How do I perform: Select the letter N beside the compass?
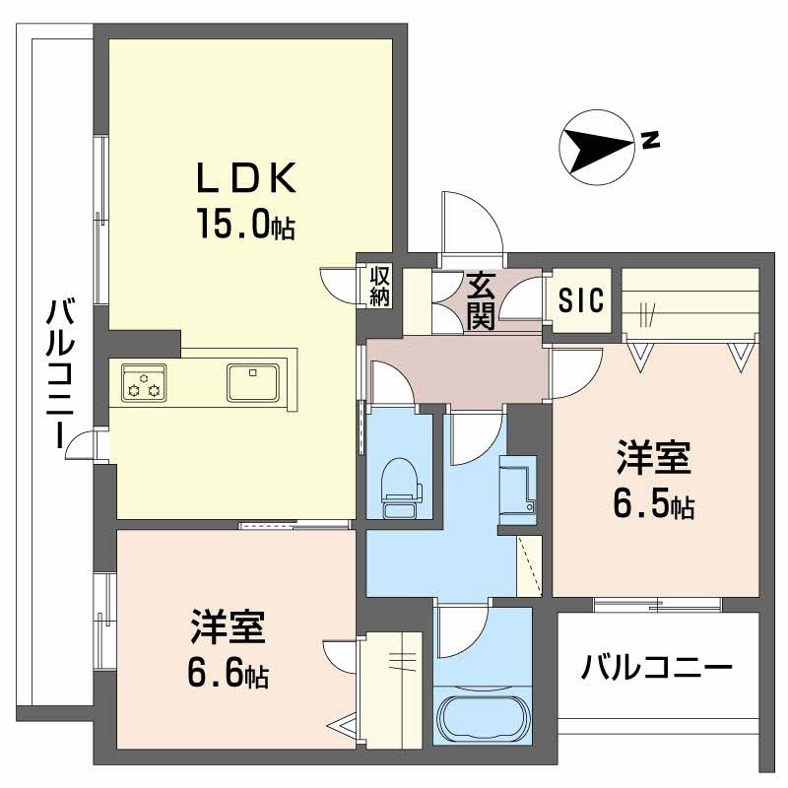pyautogui.click(x=650, y=140)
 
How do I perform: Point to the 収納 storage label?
pyautogui.click(x=380, y=286)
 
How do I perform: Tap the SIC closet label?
pyautogui.click(x=581, y=301)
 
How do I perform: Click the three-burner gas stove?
pyautogui.click(x=144, y=382)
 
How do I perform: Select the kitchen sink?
pyautogui.click(x=254, y=381)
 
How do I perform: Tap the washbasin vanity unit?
pyautogui.click(x=519, y=489)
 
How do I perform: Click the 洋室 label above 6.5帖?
pyautogui.click(x=654, y=459)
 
